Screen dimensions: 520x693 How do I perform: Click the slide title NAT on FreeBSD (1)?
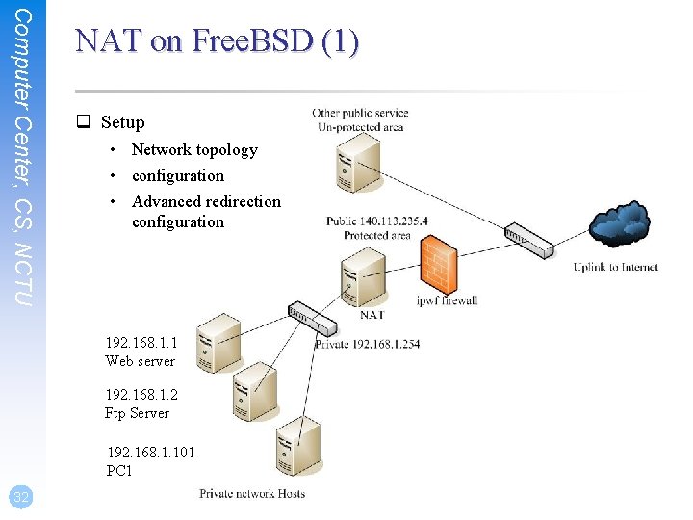point(217,41)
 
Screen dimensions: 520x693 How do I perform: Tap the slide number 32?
point(19,497)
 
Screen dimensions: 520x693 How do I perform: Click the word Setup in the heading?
point(122,122)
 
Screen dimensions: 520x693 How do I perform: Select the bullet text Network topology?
point(194,149)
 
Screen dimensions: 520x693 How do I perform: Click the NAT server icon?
point(363,277)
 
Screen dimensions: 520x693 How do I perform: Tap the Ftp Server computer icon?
point(254,392)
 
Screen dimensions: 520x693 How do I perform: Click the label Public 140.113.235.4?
point(376,221)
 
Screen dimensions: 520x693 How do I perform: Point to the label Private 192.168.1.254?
point(367,344)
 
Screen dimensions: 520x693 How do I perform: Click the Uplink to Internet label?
point(616,267)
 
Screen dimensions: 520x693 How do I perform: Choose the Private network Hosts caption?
point(252,494)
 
